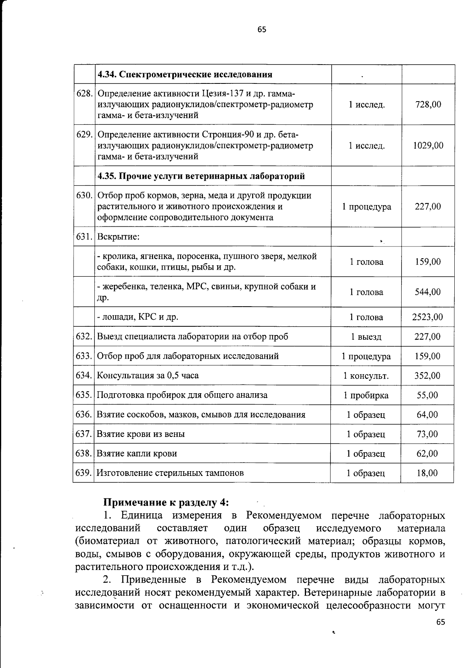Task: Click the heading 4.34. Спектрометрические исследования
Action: (x=185, y=74)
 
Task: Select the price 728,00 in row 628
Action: (x=428, y=104)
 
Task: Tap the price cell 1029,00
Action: (x=428, y=145)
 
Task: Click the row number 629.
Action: (x=84, y=135)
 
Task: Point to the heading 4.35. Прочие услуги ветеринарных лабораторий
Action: (x=201, y=176)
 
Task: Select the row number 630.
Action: (x=84, y=196)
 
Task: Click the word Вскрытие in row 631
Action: (x=118, y=237)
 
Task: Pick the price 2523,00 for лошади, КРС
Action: (x=427, y=317)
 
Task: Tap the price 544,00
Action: (x=428, y=292)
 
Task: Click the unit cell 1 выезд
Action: (x=366, y=337)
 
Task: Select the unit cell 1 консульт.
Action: (x=366, y=376)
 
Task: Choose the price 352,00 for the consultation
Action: (x=427, y=376)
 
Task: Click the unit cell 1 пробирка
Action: (x=366, y=395)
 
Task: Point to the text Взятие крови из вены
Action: (x=141, y=434)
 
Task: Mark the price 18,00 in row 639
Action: (x=427, y=473)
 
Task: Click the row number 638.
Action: (x=84, y=453)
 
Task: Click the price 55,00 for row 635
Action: (x=427, y=395)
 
